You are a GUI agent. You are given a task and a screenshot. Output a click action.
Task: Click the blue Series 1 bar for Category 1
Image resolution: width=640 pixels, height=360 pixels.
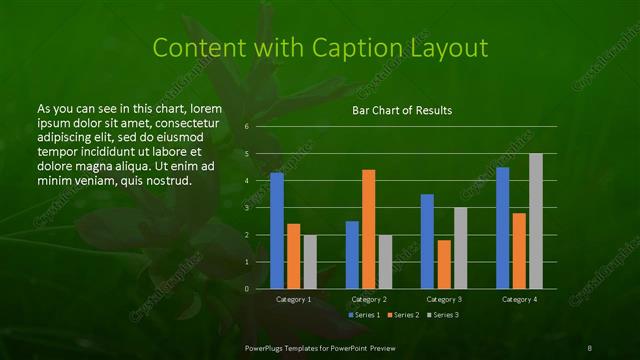coord(277,231)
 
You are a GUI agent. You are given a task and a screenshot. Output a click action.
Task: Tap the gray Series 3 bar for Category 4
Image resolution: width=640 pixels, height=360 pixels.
coord(535,221)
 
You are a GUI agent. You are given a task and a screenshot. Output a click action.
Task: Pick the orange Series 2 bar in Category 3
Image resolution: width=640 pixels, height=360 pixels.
coord(443,264)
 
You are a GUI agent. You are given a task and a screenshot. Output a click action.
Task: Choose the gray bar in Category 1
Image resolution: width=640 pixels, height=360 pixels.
coord(310,262)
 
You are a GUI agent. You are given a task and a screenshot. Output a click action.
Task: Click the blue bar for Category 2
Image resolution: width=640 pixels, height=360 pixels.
coord(352,255)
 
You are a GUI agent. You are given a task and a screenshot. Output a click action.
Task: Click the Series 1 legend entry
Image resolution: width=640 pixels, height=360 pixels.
coord(364,315)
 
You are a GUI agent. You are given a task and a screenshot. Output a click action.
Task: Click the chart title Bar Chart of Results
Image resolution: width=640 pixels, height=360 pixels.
coord(402,110)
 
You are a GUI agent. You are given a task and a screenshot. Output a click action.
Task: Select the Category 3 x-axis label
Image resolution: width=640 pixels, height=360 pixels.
coord(443,299)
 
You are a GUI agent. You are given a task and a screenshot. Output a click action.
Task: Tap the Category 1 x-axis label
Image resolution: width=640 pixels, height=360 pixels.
coord(293,299)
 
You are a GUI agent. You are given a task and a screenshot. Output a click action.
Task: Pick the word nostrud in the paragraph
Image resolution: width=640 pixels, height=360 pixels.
coord(167,180)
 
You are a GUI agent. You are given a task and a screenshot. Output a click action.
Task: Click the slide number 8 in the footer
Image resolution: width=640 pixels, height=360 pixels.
coord(590,347)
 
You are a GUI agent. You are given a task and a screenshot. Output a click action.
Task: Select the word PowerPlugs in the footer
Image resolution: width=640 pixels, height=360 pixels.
coord(266,347)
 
